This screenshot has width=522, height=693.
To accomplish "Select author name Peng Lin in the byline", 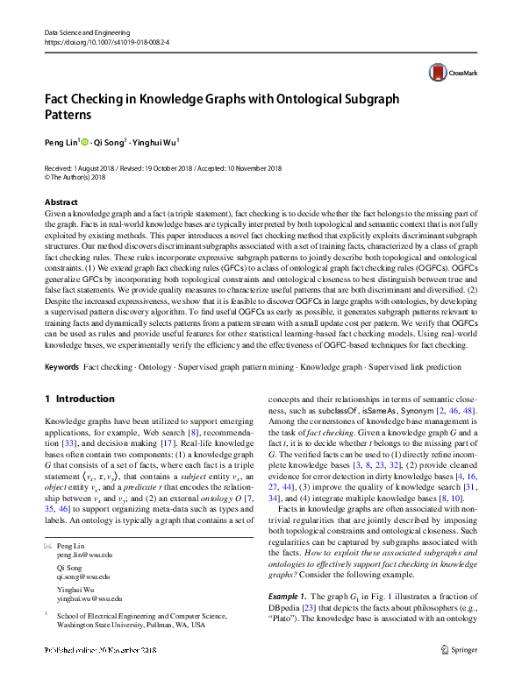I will click(x=61, y=140).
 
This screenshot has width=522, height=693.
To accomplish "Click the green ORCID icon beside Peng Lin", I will click(x=85, y=140).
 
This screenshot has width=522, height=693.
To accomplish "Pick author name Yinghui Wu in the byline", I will click(x=155, y=140).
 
